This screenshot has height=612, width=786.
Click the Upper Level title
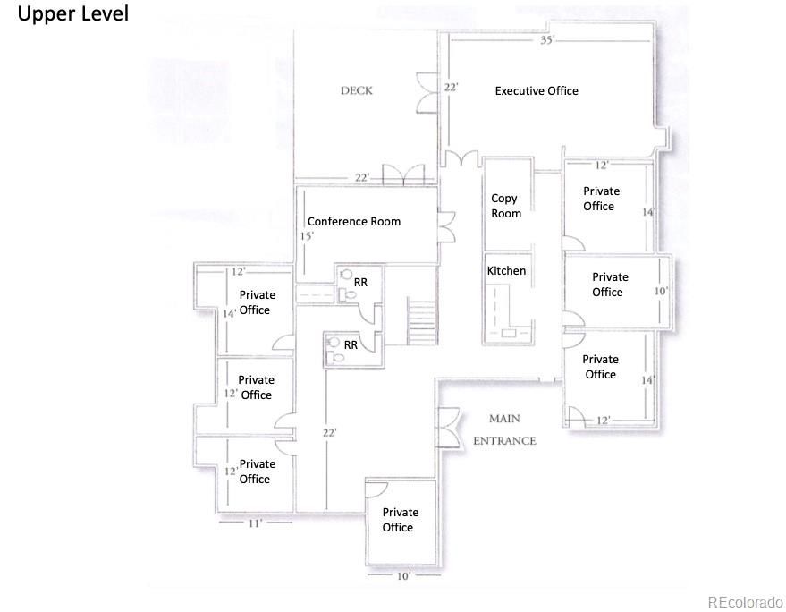[73, 13]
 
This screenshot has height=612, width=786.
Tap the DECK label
[357, 90]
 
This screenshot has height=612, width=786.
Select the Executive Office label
[537, 90]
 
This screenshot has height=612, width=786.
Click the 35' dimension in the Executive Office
[547, 39]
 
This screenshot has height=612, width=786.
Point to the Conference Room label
[354, 221]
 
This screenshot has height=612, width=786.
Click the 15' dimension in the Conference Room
[307, 236]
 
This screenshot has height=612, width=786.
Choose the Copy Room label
[506, 206]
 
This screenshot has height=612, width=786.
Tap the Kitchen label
[506, 271]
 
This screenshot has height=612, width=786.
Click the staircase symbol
[421, 321]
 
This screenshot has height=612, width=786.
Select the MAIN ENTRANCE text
[505, 429]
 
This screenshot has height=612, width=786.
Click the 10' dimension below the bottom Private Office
[403, 576]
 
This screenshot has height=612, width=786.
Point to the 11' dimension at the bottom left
[255, 523]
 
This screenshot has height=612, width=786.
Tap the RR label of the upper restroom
[360, 283]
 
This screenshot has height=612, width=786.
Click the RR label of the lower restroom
[351, 345]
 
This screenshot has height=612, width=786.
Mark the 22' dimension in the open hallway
[329, 432]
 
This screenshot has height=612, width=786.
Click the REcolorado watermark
[745, 601]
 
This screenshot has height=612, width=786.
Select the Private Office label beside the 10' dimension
[610, 285]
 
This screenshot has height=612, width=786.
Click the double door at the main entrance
[449, 428]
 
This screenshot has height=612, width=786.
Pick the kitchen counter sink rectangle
[508, 333]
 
